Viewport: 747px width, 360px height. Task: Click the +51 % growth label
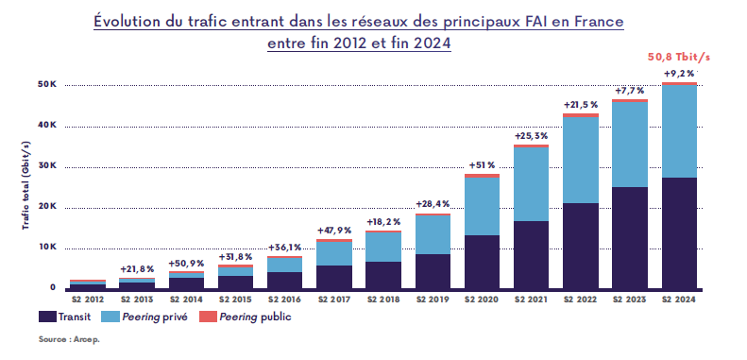(482, 165)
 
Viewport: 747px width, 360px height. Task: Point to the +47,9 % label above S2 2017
(334, 230)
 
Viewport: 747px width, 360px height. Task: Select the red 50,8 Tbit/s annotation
(678, 56)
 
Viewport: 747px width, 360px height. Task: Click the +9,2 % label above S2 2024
(679, 74)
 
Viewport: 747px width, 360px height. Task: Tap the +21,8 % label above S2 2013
(137, 269)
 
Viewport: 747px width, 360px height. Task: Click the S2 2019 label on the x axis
(433, 300)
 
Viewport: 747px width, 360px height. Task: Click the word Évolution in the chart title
(130, 20)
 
